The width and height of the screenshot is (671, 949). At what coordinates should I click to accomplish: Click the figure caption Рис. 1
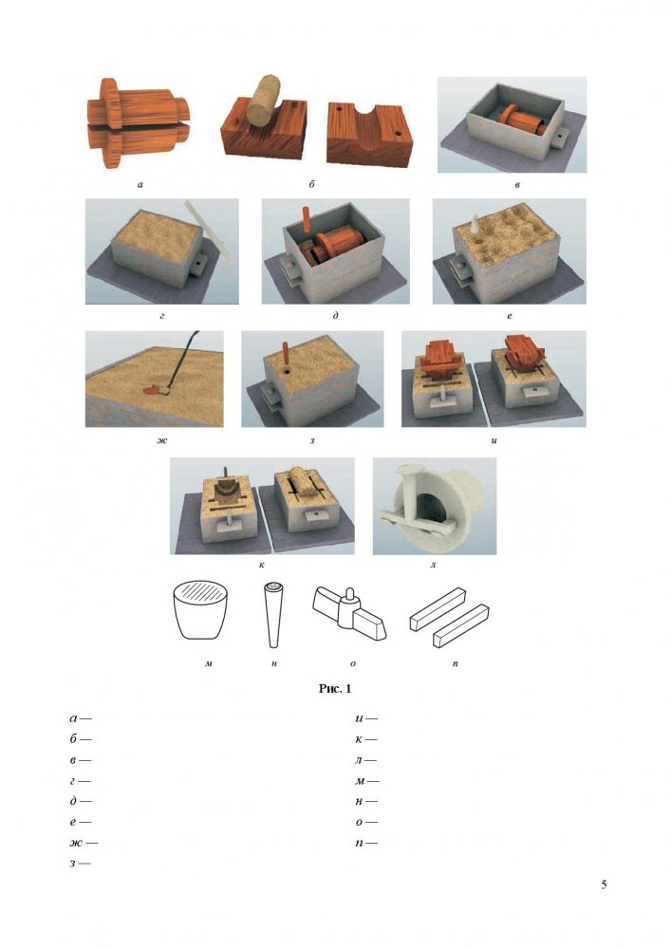pos(335,688)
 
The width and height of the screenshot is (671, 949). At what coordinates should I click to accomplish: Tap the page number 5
pos(604,884)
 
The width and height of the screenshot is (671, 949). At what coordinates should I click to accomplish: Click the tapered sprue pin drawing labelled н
pos(273,614)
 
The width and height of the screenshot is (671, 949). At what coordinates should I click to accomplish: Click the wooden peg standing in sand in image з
pos(285,354)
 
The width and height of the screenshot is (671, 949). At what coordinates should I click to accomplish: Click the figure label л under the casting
pos(433,566)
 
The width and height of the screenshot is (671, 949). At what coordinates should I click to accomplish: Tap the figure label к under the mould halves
pos(261,566)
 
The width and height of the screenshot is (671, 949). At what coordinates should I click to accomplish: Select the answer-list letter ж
pos(76,843)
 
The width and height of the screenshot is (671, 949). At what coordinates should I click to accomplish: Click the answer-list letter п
pos(360,843)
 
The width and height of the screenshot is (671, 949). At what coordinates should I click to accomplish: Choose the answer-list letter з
pos(73,864)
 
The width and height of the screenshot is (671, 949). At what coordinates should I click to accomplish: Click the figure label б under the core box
pos(311,184)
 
